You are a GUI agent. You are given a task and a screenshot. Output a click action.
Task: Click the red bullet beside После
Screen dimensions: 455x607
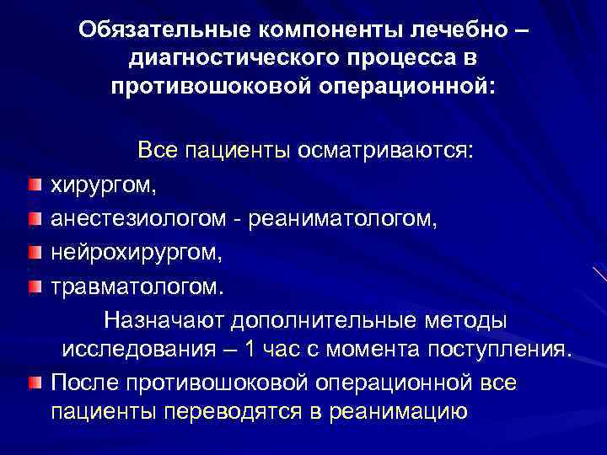click(x=32, y=384)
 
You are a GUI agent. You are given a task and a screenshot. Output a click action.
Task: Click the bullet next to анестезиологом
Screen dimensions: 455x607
click(x=32, y=219)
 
